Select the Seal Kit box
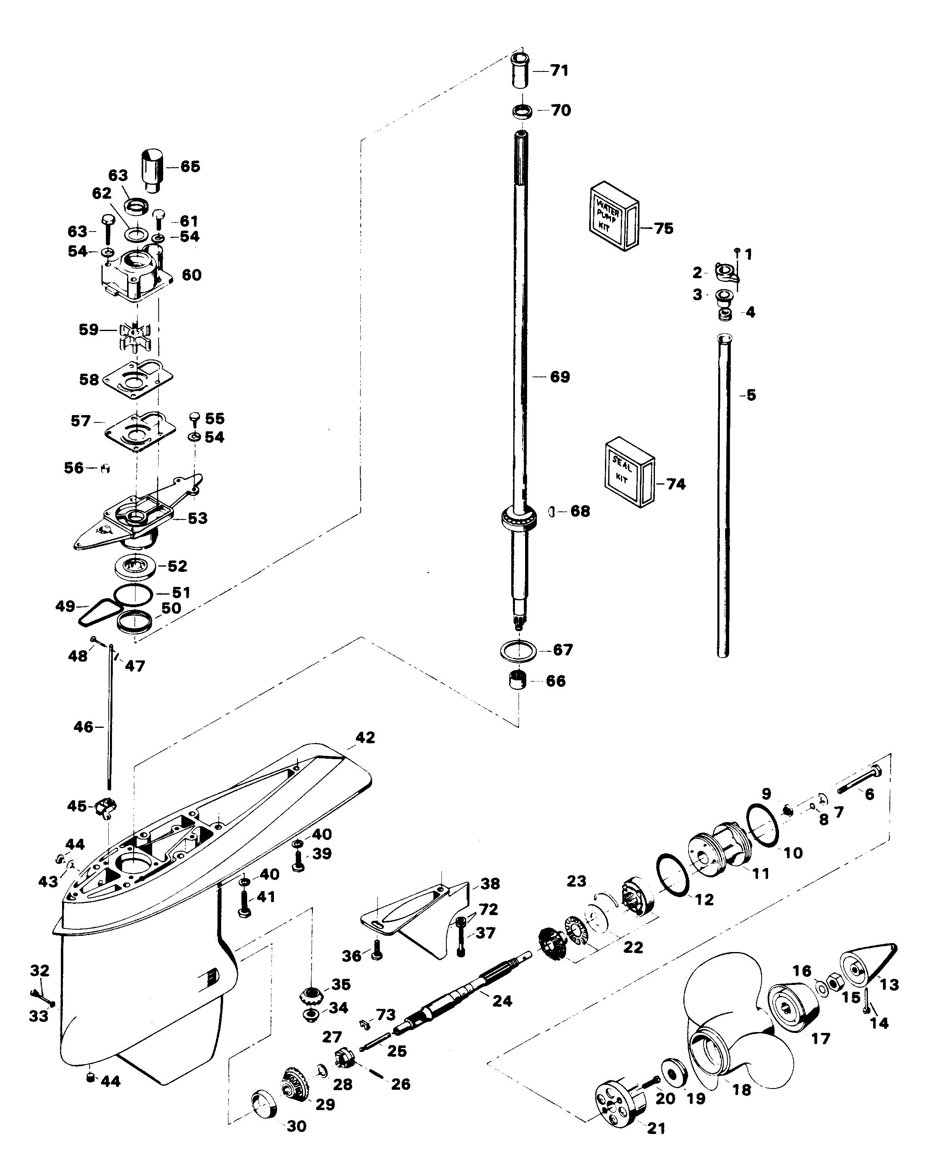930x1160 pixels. tap(629, 472)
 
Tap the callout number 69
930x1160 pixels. tap(560, 377)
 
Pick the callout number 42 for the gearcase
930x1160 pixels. tap(365, 738)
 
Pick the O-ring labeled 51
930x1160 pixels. tap(132, 594)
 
